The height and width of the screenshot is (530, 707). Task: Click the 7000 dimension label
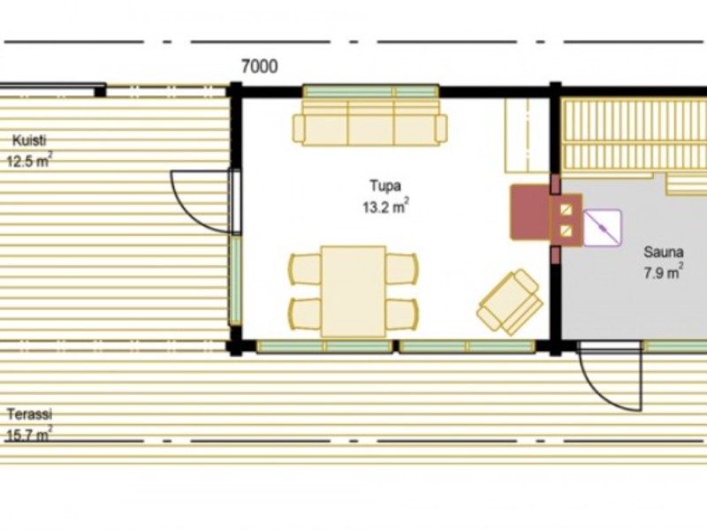pyautogui.click(x=259, y=67)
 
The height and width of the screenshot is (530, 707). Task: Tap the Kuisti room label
pyautogui.click(x=29, y=140)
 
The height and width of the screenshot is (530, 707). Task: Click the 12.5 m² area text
pyautogui.click(x=29, y=161)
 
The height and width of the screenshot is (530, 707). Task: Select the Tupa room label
pyautogui.click(x=385, y=185)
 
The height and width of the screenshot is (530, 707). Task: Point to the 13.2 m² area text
pyautogui.click(x=386, y=207)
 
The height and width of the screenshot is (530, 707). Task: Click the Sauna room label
pyautogui.click(x=664, y=252)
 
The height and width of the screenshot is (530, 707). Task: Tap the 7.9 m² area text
pyautogui.click(x=663, y=272)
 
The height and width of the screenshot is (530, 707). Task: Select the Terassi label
pyautogui.click(x=29, y=413)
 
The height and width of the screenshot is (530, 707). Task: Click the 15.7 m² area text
pyautogui.click(x=29, y=435)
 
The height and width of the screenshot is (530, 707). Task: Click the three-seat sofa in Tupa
pyautogui.click(x=369, y=123)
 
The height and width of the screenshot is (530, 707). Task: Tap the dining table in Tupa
pyautogui.click(x=353, y=291)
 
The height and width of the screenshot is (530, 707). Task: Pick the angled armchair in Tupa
pyautogui.click(x=510, y=302)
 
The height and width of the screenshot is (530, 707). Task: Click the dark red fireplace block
pyautogui.click(x=529, y=212)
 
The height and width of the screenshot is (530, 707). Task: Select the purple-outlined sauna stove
pyautogui.click(x=603, y=228)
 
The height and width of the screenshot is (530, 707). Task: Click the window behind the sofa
pyautogui.click(x=370, y=92)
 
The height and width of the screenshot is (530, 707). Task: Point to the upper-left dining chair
pyautogui.click(x=305, y=269)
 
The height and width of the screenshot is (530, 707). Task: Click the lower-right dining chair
pyautogui.click(x=402, y=314)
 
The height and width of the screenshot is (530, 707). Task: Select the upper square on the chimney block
pyautogui.click(x=566, y=209)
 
